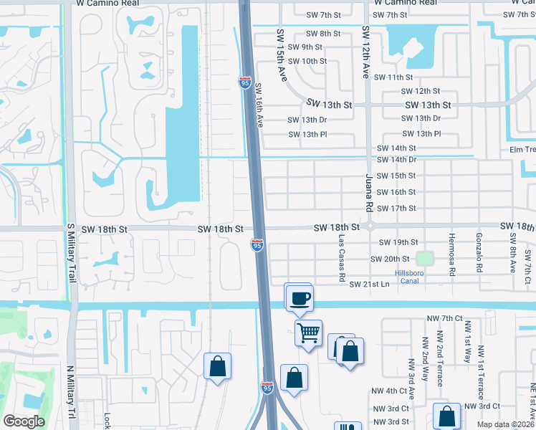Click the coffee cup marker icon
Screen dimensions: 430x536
[300, 297]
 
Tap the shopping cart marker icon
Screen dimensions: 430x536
[308, 333]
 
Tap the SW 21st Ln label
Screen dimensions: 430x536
[368, 285]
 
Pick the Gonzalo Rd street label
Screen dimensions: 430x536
[479, 254]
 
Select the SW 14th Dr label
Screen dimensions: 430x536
[397, 159]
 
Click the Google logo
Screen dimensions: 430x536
[24, 421]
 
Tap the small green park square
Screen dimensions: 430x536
[426, 259]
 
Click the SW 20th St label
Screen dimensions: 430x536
[390, 259]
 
